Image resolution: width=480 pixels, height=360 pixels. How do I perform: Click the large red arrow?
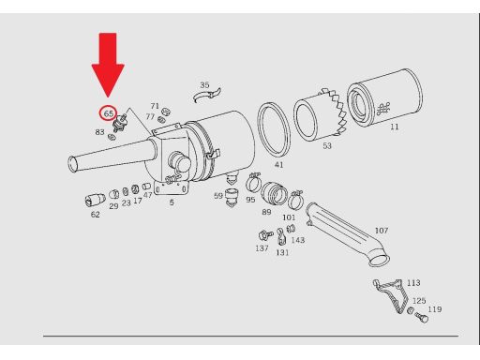[108, 63]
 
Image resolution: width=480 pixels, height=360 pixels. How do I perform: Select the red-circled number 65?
[108, 113]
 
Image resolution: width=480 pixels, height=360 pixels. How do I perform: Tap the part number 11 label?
[395, 127]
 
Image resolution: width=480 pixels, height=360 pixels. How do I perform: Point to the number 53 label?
[327, 145]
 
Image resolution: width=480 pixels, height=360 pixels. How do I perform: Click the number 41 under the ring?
[278, 165]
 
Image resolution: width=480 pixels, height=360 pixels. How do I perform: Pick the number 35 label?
[204, 85]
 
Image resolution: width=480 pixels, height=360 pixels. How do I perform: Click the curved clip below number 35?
[207, 96]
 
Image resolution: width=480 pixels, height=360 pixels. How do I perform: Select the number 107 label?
[382, 231]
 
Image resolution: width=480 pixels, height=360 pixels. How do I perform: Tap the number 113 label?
[413, 283]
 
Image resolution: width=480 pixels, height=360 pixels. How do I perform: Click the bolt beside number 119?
[422, 318]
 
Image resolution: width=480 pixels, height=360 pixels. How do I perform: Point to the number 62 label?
[95, 215]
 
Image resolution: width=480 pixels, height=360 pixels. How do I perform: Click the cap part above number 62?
[95, 200]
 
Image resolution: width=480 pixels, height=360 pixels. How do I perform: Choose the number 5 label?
[172, 202]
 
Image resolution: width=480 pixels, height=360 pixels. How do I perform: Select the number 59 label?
[218, 196]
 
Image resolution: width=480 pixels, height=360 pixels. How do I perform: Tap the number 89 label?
[266, 212]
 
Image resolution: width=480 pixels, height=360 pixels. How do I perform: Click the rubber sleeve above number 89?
[274, 194]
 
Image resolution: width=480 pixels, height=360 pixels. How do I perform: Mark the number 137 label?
[262, 248]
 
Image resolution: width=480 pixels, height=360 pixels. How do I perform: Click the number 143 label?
[297, 240]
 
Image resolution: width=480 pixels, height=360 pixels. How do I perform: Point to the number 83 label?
[99, 132]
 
